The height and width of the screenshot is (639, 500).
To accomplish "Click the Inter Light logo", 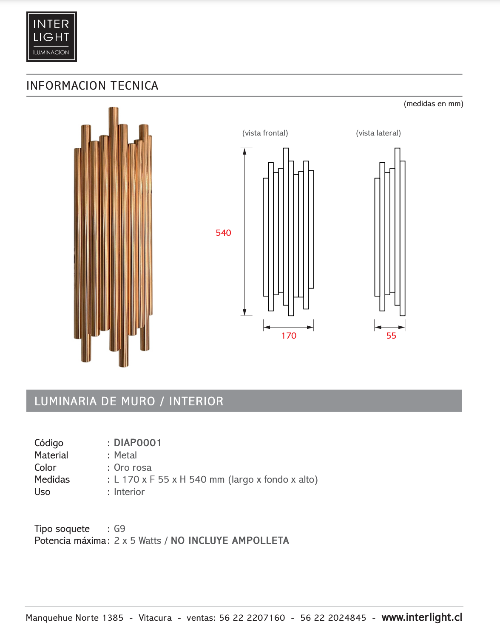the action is (51, 37).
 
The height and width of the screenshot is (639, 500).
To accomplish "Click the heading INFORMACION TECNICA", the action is (92, 85).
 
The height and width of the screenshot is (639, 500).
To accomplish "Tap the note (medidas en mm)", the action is (434, 104).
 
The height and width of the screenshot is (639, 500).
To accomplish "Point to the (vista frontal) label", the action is (265, 133).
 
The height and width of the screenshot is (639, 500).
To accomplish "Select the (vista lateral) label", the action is (378, 133).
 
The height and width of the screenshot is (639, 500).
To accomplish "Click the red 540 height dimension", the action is (223, 233).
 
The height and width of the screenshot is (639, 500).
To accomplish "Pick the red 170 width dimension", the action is (289, 336).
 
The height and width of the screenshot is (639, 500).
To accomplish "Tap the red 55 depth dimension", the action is (391, 336).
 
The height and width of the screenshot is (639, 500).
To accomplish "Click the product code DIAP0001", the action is (138, 443).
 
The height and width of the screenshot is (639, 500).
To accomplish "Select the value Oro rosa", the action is (133, 467).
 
